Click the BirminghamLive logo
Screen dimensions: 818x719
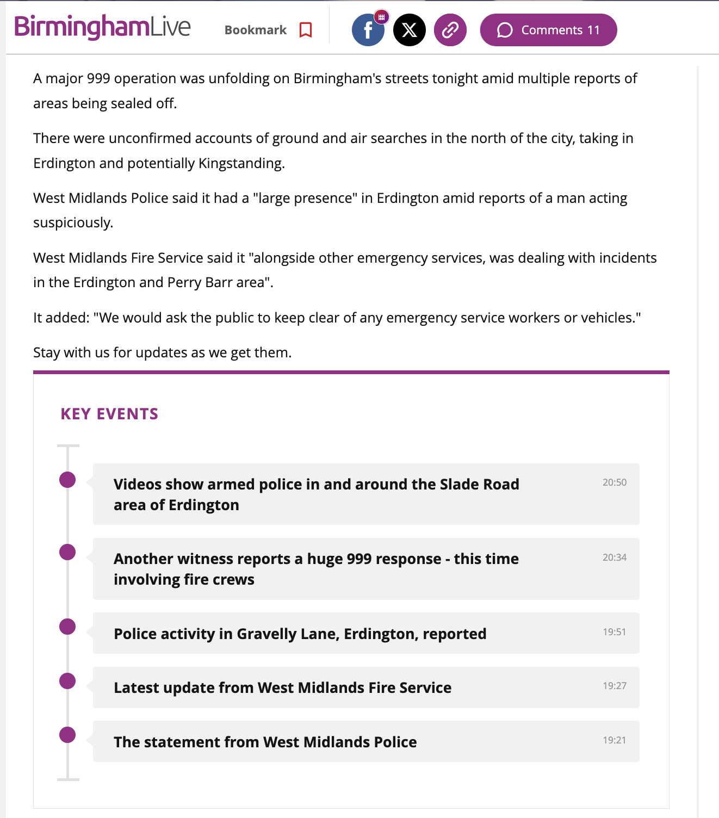(x=102, y=27)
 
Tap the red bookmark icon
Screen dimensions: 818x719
(x=306, y=30)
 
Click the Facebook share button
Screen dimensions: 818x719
(x=368, y=30)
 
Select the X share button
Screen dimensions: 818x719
(x=410, y=30)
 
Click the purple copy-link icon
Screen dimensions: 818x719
(x=450, y=30)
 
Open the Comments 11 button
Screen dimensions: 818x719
(x=548, y=30)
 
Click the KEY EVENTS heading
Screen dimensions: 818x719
(x=109, y=414)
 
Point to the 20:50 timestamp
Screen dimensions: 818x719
(x=614, y=482)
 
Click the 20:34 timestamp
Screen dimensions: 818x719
(x=614, y=557)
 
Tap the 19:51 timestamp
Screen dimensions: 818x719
(x=614, y=632)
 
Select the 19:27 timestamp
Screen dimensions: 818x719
(x=614, y=686)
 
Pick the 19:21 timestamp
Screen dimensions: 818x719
(x=614, y=740)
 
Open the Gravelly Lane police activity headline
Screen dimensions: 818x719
(x=300, y=634)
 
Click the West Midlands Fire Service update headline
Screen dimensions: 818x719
(x=282, y=688)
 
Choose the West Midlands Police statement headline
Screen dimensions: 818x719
(x=265, y=742)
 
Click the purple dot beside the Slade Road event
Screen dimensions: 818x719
(x=67, y=480)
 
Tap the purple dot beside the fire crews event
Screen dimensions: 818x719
(x=67, y=552)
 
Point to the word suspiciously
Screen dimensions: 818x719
(x=73, y=222)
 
